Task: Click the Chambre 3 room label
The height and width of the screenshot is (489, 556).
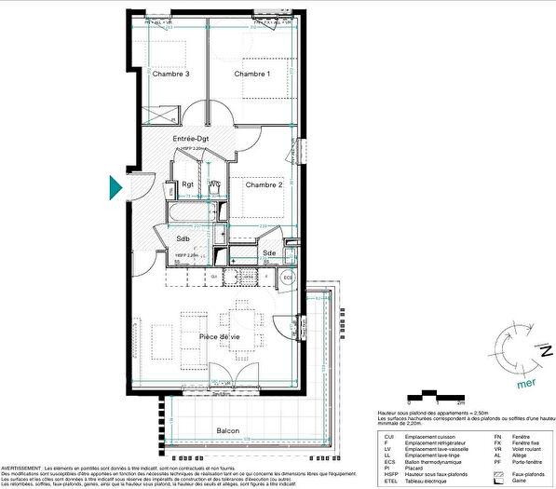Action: click(x=172, y=74)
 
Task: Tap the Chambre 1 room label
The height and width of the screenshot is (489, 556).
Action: click(x=251, y=74)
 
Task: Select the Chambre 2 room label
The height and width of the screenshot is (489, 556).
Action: click(x=264, y=184)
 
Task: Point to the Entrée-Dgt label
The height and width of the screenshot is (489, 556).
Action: click(x=191, y=139)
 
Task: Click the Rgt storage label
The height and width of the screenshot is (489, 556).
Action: click(x=188, y=184)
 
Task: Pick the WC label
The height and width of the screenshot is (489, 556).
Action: click(x=214, y=184)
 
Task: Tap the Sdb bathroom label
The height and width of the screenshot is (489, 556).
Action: click(x=183, y=238)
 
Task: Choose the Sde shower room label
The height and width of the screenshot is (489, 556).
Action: click(x=268, y=252)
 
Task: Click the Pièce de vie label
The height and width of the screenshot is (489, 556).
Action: click(x=220, y=336)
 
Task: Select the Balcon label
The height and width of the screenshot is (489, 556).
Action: click(x=228, y=430)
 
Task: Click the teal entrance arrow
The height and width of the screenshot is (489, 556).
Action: click(x=115, y=187)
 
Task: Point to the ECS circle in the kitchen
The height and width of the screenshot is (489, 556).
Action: click(x=288, y=278)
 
